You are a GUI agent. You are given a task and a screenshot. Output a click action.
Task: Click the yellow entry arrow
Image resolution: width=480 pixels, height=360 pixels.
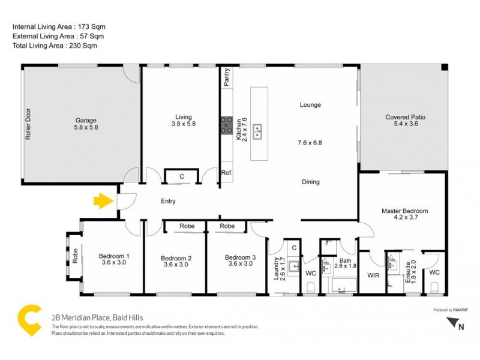coord(104,200)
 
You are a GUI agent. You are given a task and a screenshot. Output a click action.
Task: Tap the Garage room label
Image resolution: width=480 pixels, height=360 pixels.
coord(86,120)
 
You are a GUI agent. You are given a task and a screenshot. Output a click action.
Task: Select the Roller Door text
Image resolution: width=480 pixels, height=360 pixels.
coord(28,124)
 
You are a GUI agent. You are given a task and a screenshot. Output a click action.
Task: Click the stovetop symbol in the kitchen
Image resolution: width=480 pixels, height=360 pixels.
coord(227,125)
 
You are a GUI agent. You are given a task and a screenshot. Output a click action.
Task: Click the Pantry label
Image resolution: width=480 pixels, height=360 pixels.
coord(227,78)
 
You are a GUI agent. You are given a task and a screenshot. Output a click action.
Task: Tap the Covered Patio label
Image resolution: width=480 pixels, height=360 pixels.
coord(405,117)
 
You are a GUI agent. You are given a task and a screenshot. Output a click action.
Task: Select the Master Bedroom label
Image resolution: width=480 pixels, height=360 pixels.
coord(405,211)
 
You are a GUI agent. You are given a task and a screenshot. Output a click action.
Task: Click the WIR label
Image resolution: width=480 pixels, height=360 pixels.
coord(372,277)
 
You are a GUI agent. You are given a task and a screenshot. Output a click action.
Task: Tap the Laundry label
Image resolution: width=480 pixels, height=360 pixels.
coord(277,268)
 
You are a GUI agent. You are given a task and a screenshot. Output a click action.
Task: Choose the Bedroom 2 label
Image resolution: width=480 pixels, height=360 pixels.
coord(176,259)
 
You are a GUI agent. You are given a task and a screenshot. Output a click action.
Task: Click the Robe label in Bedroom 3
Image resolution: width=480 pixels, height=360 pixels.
coord(227,226)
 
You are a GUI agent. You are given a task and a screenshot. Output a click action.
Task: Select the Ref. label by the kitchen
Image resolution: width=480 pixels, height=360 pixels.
coord(226,173)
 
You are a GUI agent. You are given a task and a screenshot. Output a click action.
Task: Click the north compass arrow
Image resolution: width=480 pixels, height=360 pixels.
coord(452,323)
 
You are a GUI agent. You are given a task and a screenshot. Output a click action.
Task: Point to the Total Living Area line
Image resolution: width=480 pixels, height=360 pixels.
coord(55,45)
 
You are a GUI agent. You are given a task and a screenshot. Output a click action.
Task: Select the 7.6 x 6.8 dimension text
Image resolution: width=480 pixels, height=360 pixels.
coord(310,143)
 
